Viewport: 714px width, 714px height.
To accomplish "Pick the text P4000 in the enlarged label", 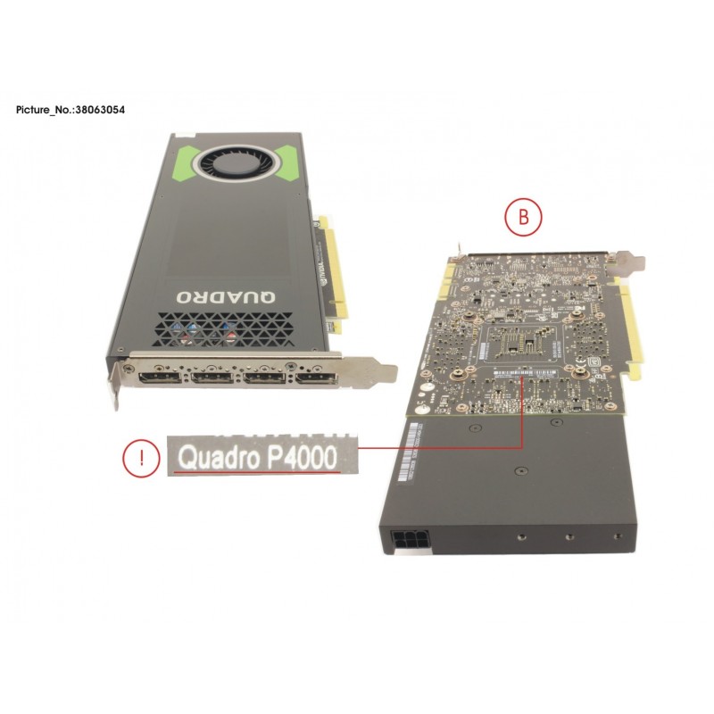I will coord(299,458).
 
